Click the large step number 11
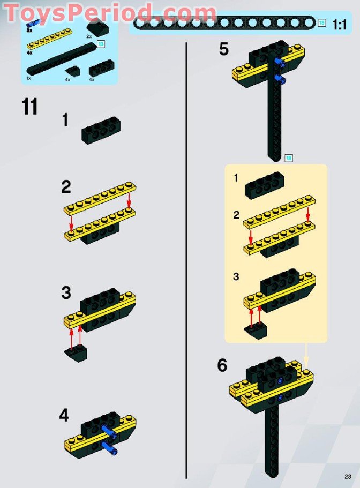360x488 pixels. [30, 107]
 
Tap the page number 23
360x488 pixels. [348, 477]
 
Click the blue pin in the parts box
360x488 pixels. [33, 23]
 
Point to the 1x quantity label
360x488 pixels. [29, 78]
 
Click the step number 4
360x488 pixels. [64, 415]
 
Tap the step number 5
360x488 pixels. [223, 49]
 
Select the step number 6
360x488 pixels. [222, 365]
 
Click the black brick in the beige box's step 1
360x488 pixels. [264, 186]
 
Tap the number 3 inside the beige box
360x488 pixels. [236, 277]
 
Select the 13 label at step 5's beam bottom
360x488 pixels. [288, 157]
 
